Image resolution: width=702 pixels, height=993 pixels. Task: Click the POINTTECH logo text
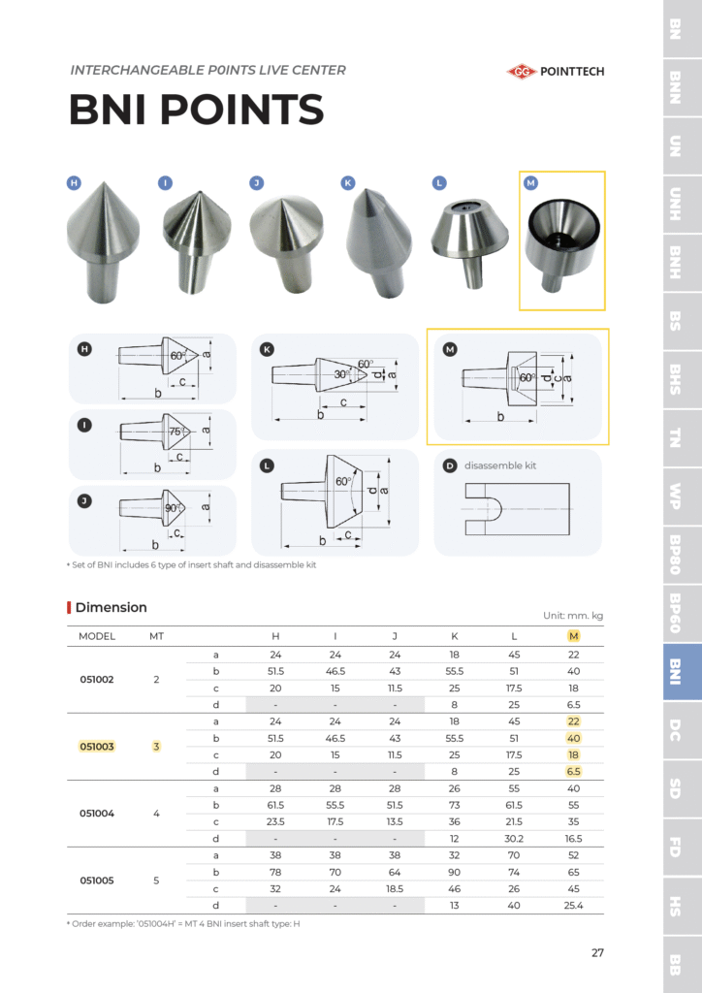tap(572, 71)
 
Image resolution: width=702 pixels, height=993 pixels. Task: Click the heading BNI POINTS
tap(196, 110)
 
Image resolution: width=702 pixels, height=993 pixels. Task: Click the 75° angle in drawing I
tap(176, 432)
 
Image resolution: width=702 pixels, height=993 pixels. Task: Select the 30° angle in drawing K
tap(341, 374)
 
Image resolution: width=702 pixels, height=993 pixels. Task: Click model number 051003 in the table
tap(97, 747)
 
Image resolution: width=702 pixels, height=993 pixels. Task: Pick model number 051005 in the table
tap(97, 881)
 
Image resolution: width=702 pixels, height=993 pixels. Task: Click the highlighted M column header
tap(573, 636)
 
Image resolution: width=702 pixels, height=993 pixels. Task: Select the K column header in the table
tap(455, 636)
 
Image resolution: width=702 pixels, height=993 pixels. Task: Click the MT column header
tap(156, 636)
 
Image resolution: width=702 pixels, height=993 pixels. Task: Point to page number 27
tap(597, 952)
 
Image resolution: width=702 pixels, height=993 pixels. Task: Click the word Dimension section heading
tap(111, 608)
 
